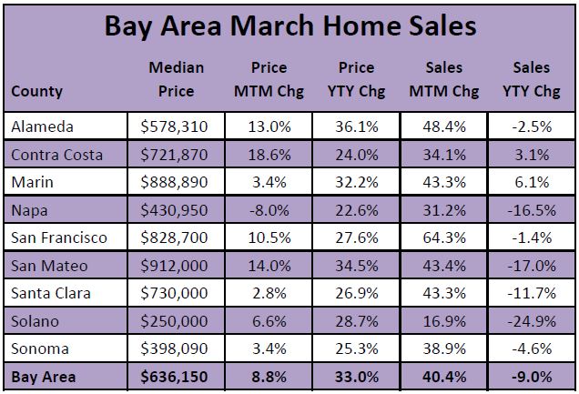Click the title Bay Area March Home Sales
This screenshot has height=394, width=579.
(x=289, y=25)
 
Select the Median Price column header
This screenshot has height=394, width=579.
(x=176, y=79)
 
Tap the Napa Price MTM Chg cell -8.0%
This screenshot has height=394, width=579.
(x=268, y=210)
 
